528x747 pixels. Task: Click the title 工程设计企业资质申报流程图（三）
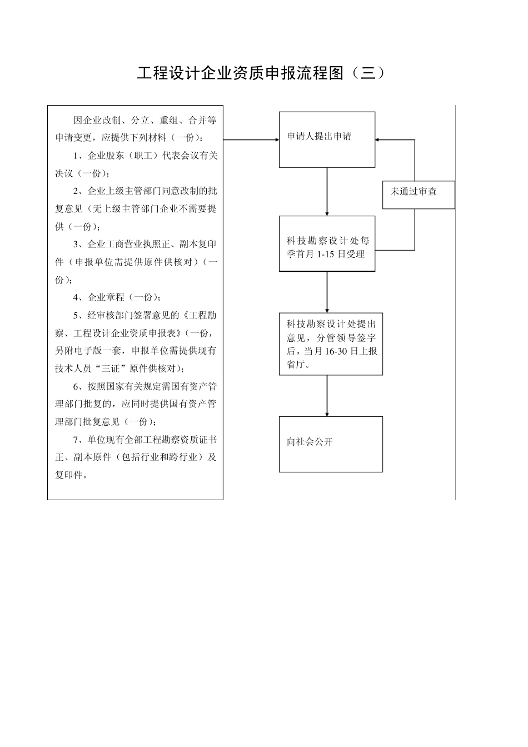tap(261, 73)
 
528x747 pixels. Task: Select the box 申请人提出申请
tap(327, 140)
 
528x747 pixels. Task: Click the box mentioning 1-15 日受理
tap(327, 247)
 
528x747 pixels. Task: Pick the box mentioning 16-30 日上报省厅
tap(331, 344)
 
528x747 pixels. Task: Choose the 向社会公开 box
tap(331, 444)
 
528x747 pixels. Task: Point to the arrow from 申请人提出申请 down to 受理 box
tap(327, 191)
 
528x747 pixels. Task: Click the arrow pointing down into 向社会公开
tap(327, 396)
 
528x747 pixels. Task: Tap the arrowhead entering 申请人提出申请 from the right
tap(378, 140)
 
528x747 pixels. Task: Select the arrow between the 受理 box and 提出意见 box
tap(327, 292)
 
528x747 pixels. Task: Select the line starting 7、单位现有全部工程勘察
tap(145, 440)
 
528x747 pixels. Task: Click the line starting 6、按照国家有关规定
tap(145, 386)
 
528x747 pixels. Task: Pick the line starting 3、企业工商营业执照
tap(145, 244)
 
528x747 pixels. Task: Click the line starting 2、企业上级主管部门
tap(145, 191)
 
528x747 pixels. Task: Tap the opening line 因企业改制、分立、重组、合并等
tap(145, 120)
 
